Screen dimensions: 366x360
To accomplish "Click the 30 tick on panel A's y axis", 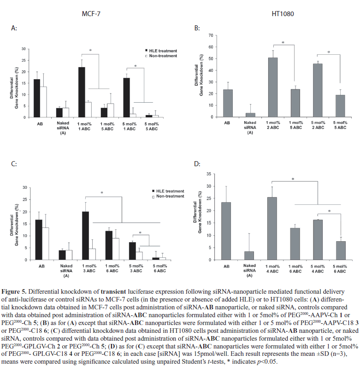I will click(30, 49).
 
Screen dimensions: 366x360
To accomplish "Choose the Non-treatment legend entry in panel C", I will click(159, 196).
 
